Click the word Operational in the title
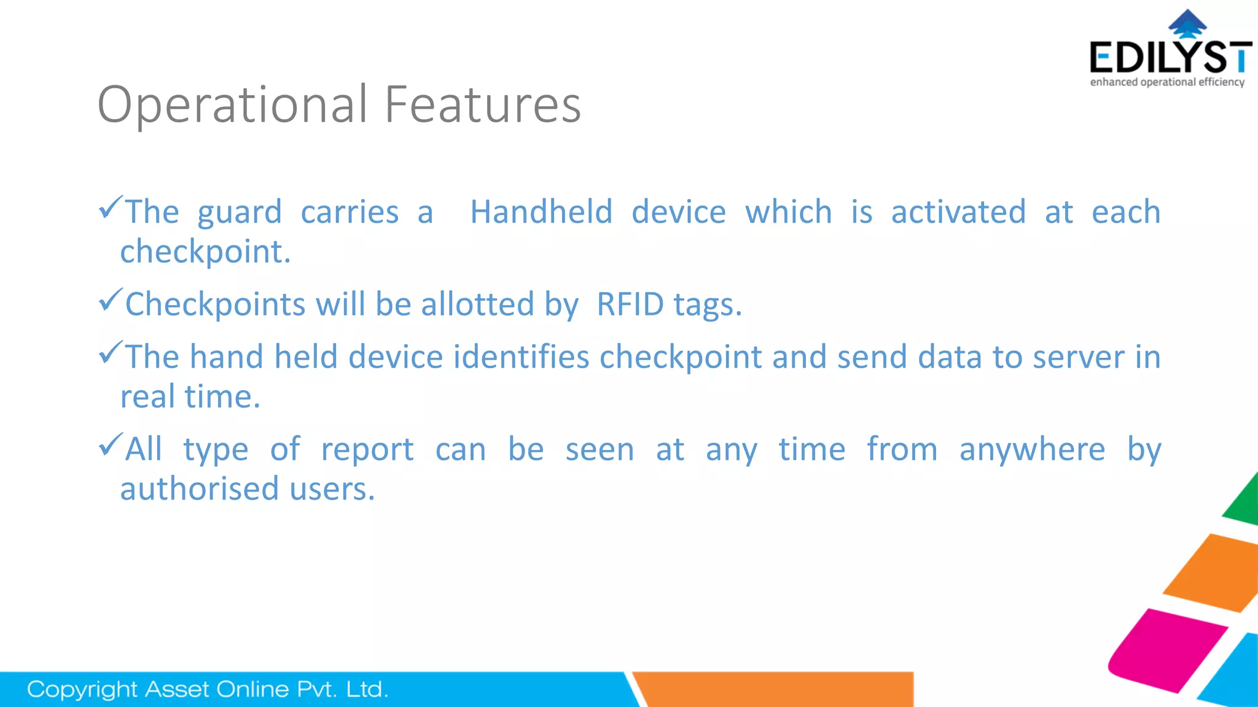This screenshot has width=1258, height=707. [232, 105]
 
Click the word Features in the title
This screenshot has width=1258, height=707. [482, 105]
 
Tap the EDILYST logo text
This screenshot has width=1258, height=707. [1170, 58]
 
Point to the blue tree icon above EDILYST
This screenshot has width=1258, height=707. [1187, 23]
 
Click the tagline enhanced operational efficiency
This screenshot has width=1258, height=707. [1167, 82]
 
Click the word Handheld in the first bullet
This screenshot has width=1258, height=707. [541, 212]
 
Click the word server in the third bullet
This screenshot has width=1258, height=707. [1078, 357]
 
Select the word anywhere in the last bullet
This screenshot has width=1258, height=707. [1032, 449]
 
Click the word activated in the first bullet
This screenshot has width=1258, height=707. [958, 212]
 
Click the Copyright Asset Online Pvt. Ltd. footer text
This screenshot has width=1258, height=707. [208, 689]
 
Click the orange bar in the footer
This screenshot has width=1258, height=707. [774, 689]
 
